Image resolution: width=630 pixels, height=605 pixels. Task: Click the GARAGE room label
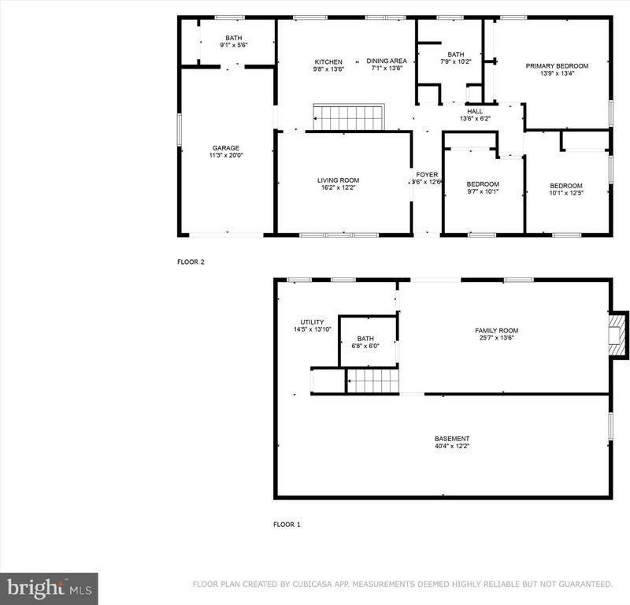point(225,148)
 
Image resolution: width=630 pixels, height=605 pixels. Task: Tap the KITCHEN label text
point(328,61)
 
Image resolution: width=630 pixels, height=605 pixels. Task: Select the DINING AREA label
point(387,61)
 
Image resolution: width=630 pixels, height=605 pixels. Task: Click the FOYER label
point(427,175)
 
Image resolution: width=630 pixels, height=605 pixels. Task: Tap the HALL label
point(475,111)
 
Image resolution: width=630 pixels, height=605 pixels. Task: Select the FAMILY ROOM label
point(496,331)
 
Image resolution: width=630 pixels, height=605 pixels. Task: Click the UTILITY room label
point(312,321)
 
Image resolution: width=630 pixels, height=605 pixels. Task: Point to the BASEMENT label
point(452,439)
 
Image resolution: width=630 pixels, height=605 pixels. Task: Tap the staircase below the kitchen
point(348,118)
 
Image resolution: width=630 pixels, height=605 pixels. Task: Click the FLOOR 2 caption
point(191,262)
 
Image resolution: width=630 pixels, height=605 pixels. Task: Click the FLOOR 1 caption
point(287,524)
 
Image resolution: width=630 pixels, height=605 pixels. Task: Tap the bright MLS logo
point(49,587)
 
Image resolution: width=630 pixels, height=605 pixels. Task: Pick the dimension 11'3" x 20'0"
point(225,156)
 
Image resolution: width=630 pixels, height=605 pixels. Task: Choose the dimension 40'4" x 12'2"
point(452,447)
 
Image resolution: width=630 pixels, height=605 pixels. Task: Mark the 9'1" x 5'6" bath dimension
point(234,46)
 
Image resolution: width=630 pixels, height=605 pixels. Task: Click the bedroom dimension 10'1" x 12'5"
point(566,194)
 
